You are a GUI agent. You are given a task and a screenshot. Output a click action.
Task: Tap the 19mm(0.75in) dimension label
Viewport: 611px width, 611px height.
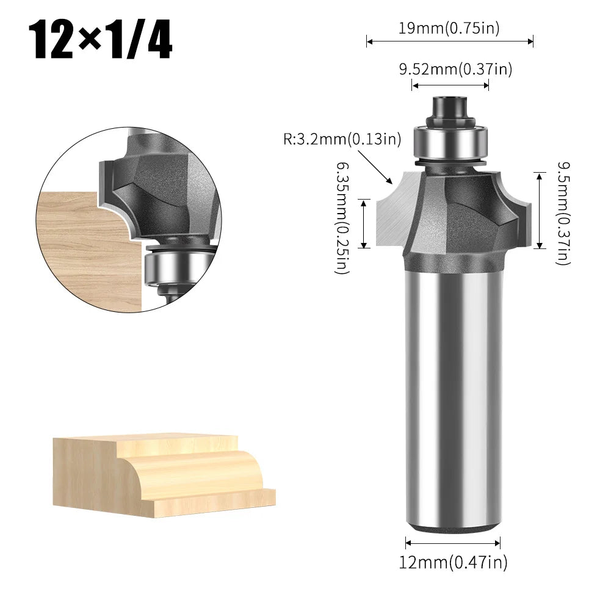point(450,28)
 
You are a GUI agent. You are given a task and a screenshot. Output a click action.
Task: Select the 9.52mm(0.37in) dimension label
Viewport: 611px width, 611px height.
point(455,70)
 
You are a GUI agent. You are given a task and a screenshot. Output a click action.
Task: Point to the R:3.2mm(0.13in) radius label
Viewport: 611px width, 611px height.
point(342,139)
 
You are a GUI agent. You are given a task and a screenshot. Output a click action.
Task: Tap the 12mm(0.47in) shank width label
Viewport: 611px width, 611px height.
point(454,562)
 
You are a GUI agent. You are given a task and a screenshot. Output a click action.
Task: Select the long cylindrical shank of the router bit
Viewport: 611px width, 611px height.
point(452,397)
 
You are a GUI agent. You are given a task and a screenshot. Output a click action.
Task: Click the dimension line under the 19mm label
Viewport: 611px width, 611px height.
point(450,42)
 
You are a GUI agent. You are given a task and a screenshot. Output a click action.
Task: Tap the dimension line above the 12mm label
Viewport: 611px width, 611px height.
point(453,543)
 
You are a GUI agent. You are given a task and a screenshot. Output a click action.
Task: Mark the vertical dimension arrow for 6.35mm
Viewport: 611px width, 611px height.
point(364,223)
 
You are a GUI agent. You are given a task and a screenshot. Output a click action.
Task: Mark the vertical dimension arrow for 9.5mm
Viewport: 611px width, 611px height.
point(539,211)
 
